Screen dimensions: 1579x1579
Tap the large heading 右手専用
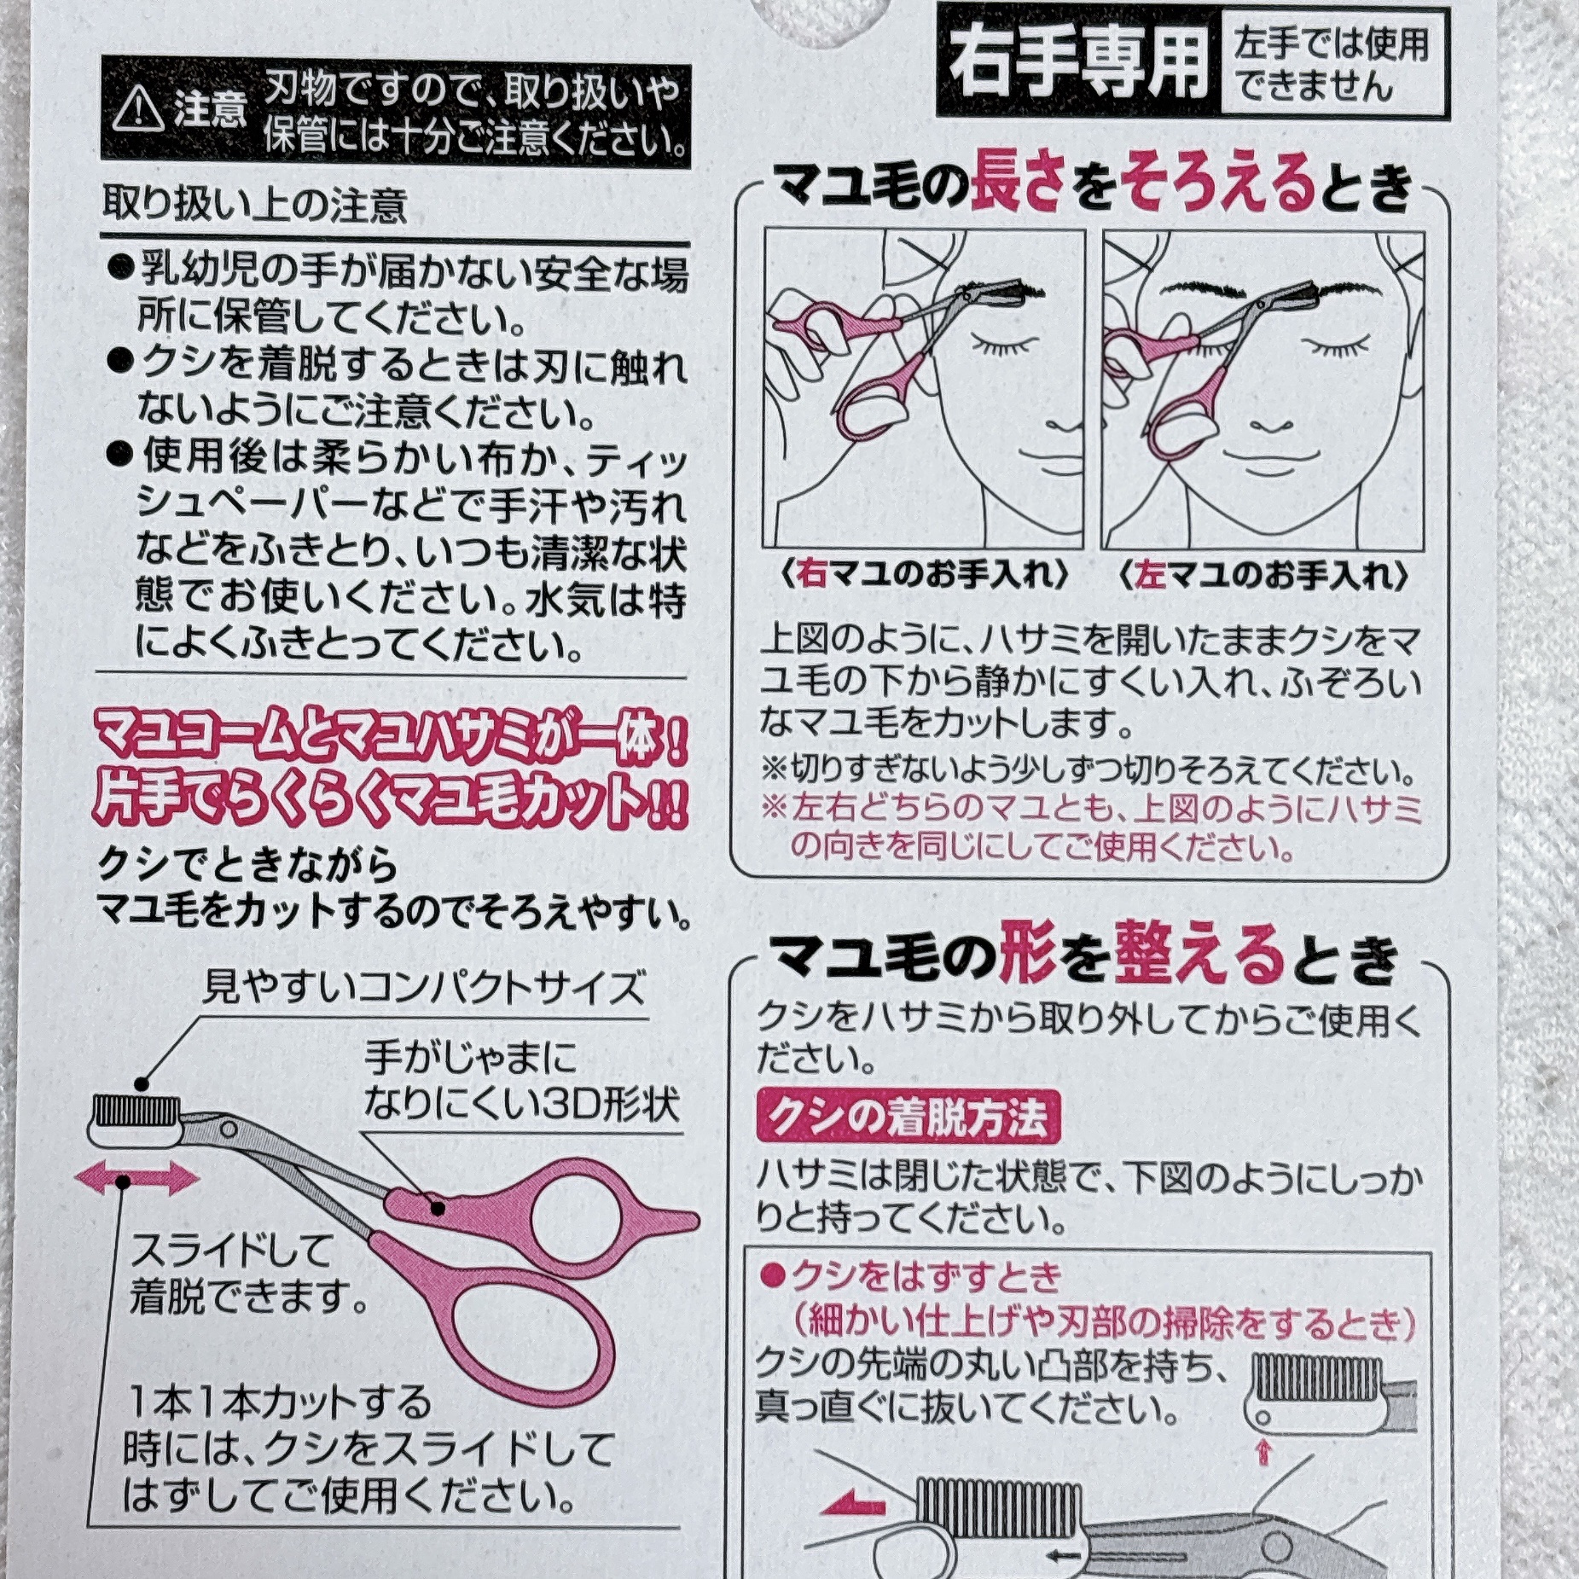click(1078, 62)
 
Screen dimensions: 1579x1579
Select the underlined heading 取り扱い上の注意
click(254, 206)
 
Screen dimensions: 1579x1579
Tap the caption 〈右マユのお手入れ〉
click(925, 575)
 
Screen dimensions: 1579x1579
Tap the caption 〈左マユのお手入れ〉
click(1263, 575)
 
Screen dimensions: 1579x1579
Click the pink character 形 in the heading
click(1030, 953)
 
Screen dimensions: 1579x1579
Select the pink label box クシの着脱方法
click(909, 1116)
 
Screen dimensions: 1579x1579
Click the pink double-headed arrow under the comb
click(136, 1180)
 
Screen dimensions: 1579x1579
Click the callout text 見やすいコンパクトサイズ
click(423, 988)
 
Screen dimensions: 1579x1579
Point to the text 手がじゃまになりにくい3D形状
click(520, 1082)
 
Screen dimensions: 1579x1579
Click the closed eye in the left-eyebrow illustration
click(1339, 346)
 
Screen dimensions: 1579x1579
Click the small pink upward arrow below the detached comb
click(1264, 1449)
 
